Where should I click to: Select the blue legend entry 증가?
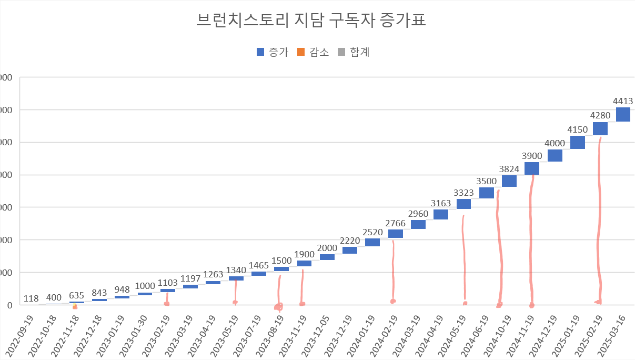[272, 52]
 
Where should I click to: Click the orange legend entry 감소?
[313, 52]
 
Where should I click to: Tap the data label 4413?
[623, 101]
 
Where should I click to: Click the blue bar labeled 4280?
[600, 128]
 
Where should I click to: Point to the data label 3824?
[509, 169]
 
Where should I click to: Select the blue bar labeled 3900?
[532, 168]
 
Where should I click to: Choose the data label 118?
[31, 299]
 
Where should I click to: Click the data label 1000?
[145, 286]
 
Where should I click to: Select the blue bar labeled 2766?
[396, 234]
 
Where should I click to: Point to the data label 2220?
[350, 240]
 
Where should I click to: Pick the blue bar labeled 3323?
[463, 204]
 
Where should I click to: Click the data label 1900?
[304, 254]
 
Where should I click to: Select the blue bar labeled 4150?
[578, 142]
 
